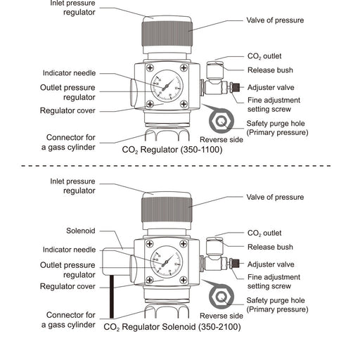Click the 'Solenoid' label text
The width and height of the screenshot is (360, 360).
click(x=81, y=231)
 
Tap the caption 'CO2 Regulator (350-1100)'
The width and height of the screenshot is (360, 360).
click(x=172, y=150)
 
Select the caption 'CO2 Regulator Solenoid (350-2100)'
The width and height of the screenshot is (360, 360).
click(x=172, y=327)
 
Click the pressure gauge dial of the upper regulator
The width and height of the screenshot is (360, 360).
click(x=167, y=86)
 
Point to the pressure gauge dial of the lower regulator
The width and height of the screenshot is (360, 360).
click(x=167, y=262)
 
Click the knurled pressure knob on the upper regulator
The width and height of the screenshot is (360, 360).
click(x=167, y=33)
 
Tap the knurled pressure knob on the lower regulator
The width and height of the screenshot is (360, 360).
click(x=167, y=210)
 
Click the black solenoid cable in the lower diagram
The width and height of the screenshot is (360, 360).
click(x=112, y=297)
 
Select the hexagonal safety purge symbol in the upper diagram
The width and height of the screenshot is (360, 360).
click(x=221, y=121)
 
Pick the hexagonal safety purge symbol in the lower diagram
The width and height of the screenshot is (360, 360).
click(x=221, y=297)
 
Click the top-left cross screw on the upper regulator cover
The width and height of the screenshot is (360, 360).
click(x=150, y=68)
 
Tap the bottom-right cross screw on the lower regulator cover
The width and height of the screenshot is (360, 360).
click(x=184, y=280)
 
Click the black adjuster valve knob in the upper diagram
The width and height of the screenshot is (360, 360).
click(x=236, y=87)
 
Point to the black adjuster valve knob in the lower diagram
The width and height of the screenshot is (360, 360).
click(x=235, y=264)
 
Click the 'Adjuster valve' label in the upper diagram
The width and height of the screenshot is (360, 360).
click(x=271, y=88)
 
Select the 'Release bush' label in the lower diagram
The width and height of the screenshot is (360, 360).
click(x=270, y=247)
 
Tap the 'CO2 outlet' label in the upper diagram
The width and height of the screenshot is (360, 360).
click(x=264, y=56)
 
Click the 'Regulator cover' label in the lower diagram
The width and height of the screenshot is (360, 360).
click(x=67, y=286)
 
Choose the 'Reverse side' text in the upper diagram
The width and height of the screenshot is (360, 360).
click(x=221, y=140)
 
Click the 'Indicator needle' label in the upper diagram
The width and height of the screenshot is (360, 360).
click(x=69, y=73)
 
